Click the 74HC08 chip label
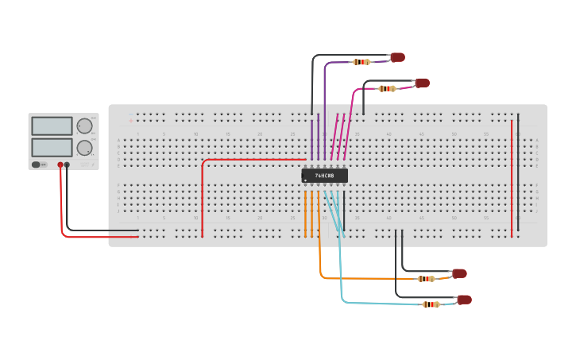coord(324,176)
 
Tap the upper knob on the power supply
coord(84,126)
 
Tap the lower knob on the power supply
coord(84,147)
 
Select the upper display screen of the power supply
coord(52,126)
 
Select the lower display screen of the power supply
coord(52,147)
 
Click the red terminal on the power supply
coord(60,165)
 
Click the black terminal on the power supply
coord(67,165)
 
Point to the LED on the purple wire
coord(397,57)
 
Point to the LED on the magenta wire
coord(422,83)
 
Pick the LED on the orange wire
coord(459,273)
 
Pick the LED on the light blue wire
coord(464,300)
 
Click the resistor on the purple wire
coord(361,61)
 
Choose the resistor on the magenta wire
coord(387,88)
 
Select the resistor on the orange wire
coord(427,278)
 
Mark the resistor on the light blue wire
coord(431,304)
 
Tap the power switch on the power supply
coord(37,165)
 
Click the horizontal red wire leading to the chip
coord(254,159)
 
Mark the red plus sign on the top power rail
coord(130,121)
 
